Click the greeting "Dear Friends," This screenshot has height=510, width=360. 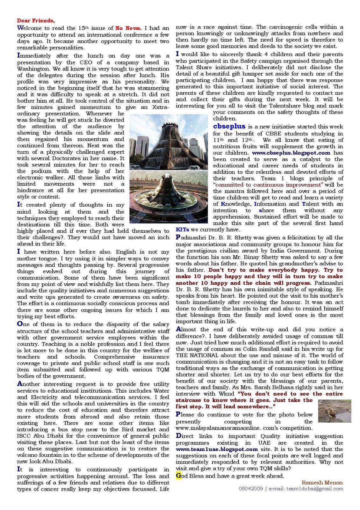[x=36, y=21]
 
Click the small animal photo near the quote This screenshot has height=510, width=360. [x=335, y=411]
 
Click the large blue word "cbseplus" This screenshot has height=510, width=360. [x=229, y=127]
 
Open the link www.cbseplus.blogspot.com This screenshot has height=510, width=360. [x=291, y=153]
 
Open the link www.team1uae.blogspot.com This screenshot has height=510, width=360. [x=217, y=449]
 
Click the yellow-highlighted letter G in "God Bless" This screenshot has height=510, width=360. [x=178, y=476]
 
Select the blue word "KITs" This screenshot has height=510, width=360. [x=182, y=229]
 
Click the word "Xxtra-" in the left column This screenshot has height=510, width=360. [x=160, y=107]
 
